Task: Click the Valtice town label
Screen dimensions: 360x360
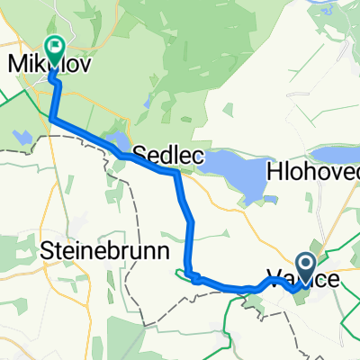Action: pos(305,280)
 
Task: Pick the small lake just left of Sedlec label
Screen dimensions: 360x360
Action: pos(117,141)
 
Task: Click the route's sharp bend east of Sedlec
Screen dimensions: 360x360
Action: pos(176,174)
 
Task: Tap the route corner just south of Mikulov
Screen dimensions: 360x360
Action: pos(51,118)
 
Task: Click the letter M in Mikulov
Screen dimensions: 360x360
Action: pos(15,64)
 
